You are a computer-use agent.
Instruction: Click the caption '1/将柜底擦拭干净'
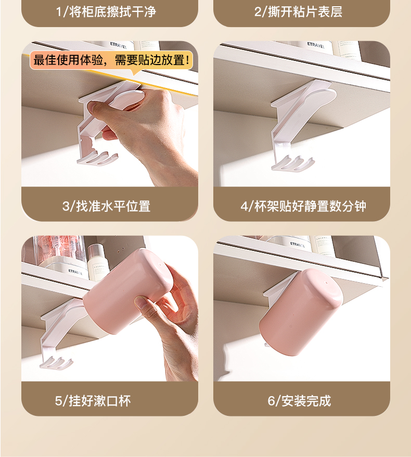pyautogui.click(x=106, y=12)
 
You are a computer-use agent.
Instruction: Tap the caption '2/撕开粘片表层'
pyautogui.click(x=298, y=12)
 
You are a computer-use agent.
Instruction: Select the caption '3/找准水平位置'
pyautogui.click(x=106, y=206)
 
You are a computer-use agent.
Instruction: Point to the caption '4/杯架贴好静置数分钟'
pyautogui.click(x=303, y=206)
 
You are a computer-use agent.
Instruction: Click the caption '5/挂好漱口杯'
pyautogui.click(x=93, y=401)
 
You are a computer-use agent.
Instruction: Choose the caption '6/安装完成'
pyautogui.click(x=300, y=401)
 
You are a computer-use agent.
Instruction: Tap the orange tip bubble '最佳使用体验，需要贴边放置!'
pyautogui.click(x=111, y=60)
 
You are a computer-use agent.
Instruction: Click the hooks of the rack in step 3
pyautogui.click(x=97, y=158)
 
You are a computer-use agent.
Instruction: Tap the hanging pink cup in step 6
pyautogui.click(x=301, y=312)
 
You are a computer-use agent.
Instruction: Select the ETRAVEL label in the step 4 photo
pyautogui.click(x=316, y=46)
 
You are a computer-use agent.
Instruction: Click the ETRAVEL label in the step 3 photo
pyautogui.click(x=118, y=46)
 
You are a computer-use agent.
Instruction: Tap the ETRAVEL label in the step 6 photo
pyautogui.click(x=298, y=245)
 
